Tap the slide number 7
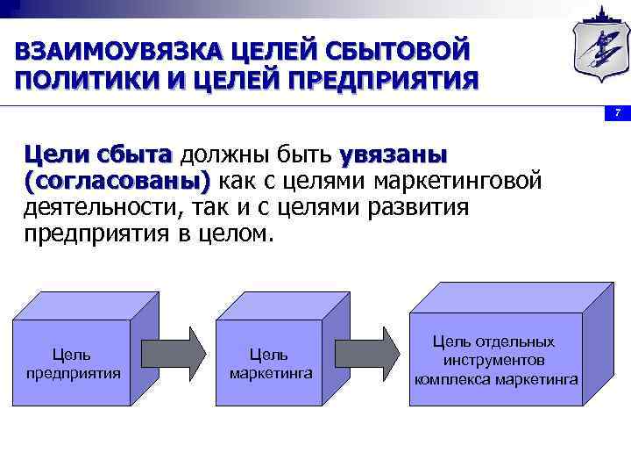pos(618,113)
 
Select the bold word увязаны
pos(393,155)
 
